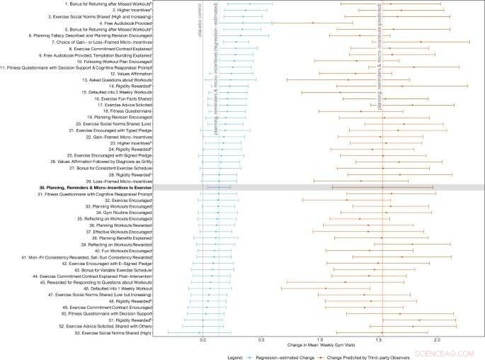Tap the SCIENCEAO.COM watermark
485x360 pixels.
pyautogui.click(x=453, y=350)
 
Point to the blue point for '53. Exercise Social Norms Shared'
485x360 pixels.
pyautogui.click(x=200, y=332)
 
